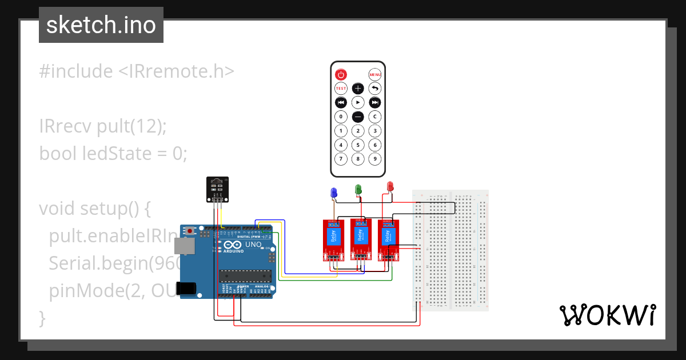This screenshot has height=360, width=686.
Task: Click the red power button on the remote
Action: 341,74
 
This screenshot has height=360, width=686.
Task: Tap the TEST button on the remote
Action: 341,88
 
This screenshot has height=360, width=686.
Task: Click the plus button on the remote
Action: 358,88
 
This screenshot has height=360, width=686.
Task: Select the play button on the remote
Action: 358,102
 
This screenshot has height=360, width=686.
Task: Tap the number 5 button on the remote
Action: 358,145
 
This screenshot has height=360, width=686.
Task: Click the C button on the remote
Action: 374,117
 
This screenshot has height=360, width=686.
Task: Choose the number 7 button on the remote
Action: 341,159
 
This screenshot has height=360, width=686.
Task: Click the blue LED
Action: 334,193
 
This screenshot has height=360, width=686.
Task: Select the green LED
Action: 358,189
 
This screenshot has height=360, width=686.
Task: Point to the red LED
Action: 390,186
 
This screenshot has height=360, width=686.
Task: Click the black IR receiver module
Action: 217,189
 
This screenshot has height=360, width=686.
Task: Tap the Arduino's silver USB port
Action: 185,246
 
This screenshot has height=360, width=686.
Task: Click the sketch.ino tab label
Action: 101,25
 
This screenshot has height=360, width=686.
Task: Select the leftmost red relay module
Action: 332,240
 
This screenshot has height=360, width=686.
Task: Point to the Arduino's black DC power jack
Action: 187,289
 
